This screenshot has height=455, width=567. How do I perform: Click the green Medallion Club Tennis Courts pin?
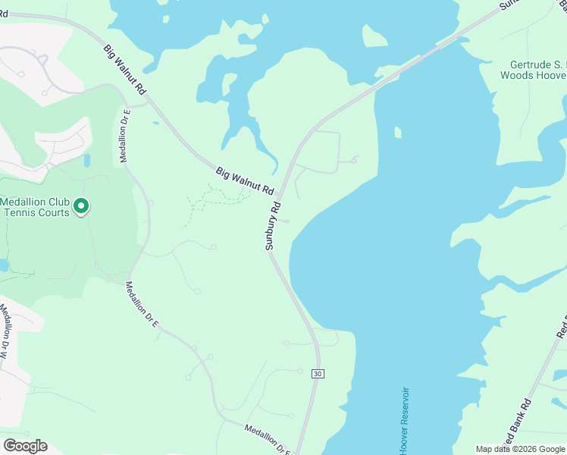click(x=82, y=206)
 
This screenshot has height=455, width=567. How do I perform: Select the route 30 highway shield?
click(x=316, y=373)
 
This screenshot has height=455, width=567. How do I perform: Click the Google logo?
click(x=25, y=446)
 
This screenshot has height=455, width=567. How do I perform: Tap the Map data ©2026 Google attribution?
click(x=520, y=450)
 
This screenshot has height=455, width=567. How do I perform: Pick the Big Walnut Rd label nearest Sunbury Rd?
click(x=244, y=181)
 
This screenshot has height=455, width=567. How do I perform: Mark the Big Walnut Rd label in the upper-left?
click(x=126, y=69)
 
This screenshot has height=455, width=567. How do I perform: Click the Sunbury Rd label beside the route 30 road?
click(x=273, y=226)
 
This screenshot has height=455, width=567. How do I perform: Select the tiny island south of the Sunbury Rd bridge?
click(x=397, y=133)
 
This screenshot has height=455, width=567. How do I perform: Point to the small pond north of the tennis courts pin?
click(x=86, y=160)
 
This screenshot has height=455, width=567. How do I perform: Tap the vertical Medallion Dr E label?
click(x=126, y=136)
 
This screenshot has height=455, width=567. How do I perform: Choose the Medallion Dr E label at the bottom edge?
click(x=268, y=441)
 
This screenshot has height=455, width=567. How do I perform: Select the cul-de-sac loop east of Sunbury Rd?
click(x=353, y=159)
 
